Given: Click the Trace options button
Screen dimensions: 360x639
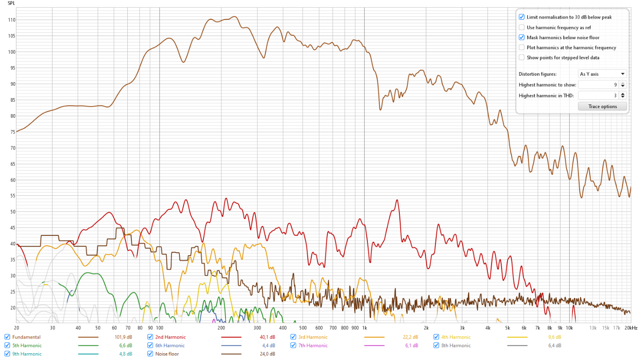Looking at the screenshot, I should (x=602, y=106).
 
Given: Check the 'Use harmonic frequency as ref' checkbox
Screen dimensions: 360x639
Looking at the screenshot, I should (x=522, y=27).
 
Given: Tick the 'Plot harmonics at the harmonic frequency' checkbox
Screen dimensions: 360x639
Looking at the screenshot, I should (x=522, y=47).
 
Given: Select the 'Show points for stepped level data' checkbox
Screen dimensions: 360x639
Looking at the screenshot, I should (x=522, y=57).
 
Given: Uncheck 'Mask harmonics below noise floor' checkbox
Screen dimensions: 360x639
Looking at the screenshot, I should (x=522, y=37).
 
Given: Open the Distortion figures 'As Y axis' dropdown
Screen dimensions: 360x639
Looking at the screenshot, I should (x=602, y=74).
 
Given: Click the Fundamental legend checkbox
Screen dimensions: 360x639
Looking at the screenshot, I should (x=7, y=337).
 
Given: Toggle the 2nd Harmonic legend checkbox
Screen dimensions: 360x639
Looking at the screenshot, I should (x=150, y=337).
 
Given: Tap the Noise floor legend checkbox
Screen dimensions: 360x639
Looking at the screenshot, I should (x=150, y=354).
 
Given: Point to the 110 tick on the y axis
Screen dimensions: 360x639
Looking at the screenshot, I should (x=11, y=20).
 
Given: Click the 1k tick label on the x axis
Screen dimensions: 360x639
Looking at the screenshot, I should (x=364, y=328).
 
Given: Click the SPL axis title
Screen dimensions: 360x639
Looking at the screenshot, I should (x=11, y=3).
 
